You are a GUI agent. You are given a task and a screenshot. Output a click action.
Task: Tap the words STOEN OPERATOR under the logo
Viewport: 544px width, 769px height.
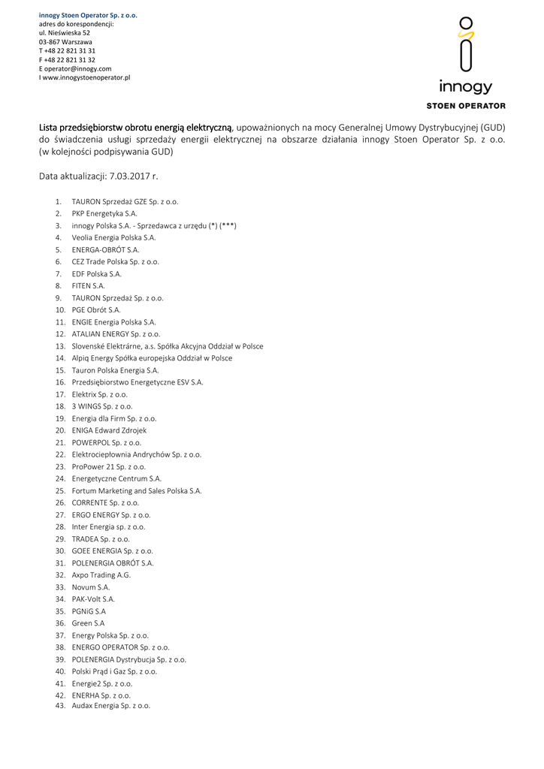(x=466, y=106)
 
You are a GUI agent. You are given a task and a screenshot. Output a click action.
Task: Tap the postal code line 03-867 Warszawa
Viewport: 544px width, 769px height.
(x=65, y=42)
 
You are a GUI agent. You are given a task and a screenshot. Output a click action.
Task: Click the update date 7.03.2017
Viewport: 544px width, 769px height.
(x=134, y=176)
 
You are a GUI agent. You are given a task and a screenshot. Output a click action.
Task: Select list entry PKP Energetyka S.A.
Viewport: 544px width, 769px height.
(x=104, y=213)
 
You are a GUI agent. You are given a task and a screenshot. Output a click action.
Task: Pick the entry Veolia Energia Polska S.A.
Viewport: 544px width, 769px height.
(x=113, y=237)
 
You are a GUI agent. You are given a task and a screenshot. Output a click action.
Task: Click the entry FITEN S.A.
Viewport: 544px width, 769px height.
(x=89, y=285)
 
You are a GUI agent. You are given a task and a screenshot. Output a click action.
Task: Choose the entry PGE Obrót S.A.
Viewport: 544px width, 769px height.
(x=96, y=309)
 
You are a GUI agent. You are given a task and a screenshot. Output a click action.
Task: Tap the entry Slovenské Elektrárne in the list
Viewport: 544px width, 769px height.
(x=168, y=346)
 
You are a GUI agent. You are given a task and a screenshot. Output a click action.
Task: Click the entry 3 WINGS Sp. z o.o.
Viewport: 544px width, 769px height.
(x=102, y=406)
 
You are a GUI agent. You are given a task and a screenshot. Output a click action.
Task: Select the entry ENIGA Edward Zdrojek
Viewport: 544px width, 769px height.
(x=109, y=430)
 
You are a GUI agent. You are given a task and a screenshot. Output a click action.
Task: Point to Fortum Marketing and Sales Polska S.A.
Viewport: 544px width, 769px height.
(x=137, y=490)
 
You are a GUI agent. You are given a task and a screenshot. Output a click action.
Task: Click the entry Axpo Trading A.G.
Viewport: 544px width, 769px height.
(x=101, y=574)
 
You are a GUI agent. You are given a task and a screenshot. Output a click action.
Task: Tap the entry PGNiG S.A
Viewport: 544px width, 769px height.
(x=89, y=611)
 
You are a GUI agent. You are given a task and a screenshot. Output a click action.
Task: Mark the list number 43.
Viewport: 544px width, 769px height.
(x=61, y=706)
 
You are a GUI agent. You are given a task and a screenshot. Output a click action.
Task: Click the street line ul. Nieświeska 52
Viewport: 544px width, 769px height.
(x=65, y=33)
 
